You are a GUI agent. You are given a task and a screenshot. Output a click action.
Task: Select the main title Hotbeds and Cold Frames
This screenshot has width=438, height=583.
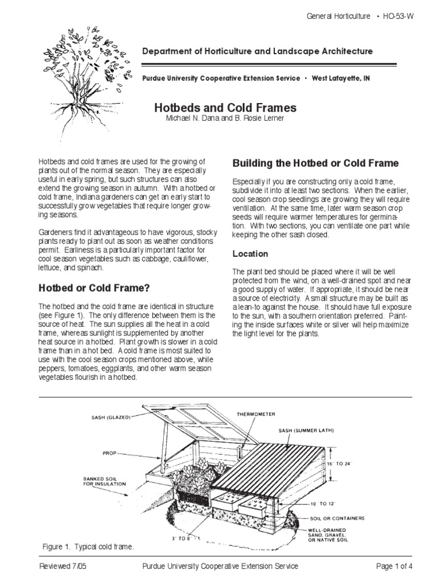[226, 108]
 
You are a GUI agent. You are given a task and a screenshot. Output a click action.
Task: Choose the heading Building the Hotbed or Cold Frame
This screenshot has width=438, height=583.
[315, 163]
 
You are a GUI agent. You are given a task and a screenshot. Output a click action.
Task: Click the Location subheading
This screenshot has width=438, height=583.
[250, 253]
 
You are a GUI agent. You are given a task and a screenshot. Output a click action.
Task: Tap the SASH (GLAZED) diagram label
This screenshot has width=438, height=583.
[111, 417]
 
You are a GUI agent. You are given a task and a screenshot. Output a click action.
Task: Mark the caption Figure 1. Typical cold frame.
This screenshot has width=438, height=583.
[88, 547]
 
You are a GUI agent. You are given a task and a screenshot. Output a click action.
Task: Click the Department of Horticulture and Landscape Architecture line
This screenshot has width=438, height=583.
[257, 51]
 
